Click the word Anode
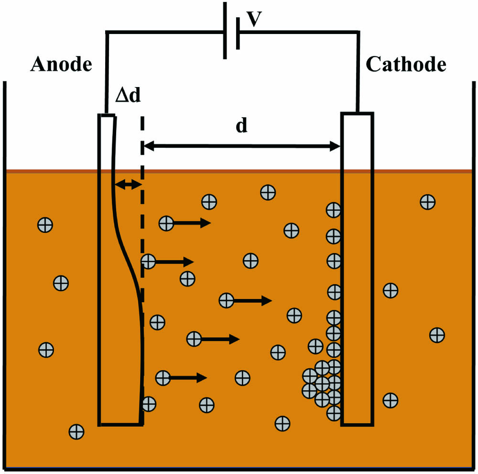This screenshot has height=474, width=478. [x=61, y=64]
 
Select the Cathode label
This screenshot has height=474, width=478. [x=406, y=64]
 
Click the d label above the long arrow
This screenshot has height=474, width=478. [x=242, y=126]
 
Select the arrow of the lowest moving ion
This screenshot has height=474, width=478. [x=188, y=378]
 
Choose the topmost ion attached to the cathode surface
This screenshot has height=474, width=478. [x=333, y=209]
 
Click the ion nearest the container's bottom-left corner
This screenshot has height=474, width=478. [x=76, y=432]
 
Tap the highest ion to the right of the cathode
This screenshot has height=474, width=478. [x=427, y=202]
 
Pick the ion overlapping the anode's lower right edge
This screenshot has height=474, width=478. [x=149, y=404]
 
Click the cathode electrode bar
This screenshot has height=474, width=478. [x=357, y=268]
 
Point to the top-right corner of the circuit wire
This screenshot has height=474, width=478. [x=358, y=33]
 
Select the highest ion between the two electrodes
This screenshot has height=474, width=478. [x=268, y=192]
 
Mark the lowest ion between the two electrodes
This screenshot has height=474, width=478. [x=282, y=423]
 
